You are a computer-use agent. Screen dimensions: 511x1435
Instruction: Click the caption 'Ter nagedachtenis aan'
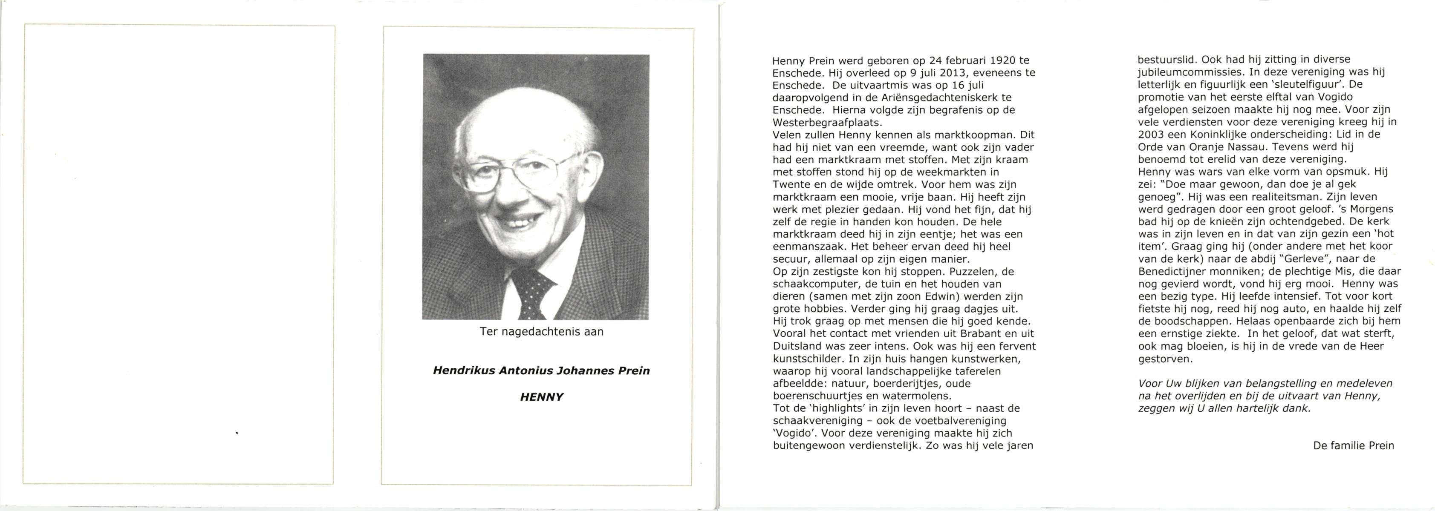coord(541,332)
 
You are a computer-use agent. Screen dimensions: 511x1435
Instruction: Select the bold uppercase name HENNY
coord(541,397)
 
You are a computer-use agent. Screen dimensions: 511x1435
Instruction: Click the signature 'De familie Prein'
coord(1353,445)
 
